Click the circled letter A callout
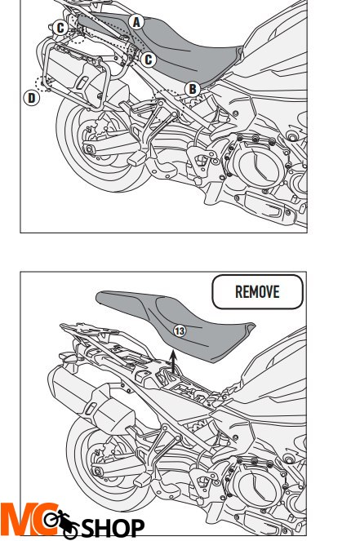(x=136, y=22)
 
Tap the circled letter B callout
(x=193, y=89)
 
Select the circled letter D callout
(x=30, y=98)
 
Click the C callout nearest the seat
(x=148, y=59)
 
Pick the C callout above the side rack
(x=60, y=28)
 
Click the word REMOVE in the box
(x=257, y=291)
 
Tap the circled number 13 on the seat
(x=180, y=330)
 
